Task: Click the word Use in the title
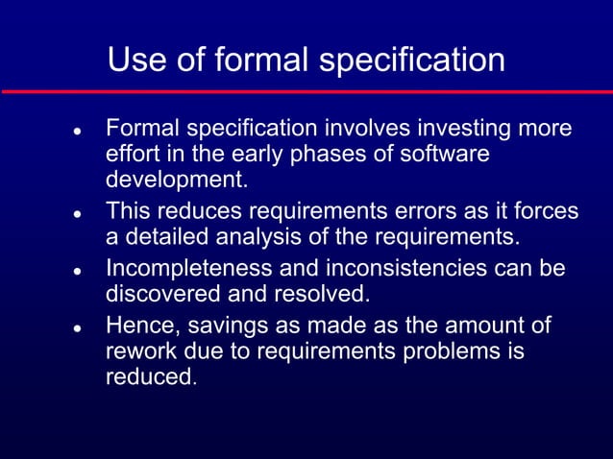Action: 136,60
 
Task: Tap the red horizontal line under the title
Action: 306,91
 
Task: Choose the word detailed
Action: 165,235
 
